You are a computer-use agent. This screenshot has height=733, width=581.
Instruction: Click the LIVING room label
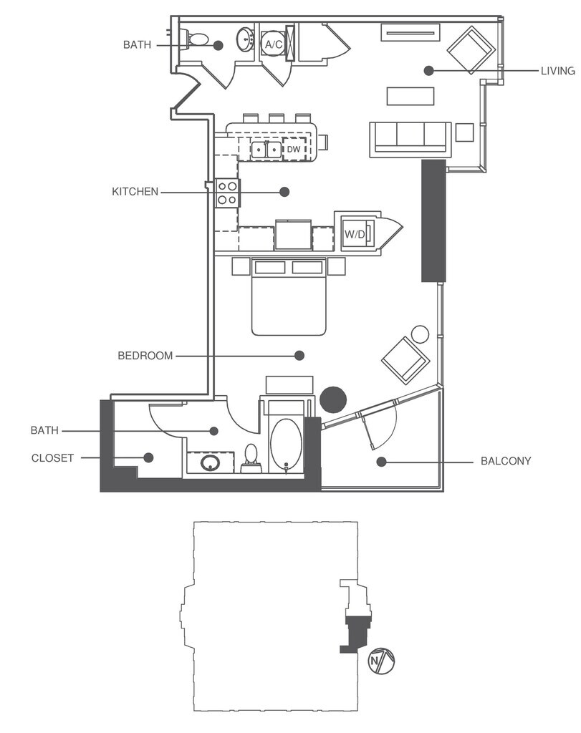click(559, 71)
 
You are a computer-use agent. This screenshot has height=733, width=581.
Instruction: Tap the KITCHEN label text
click(135, 192)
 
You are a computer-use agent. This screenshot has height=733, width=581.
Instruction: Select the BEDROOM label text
click(145, 356)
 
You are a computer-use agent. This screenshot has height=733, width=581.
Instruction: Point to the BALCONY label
click(506, 462)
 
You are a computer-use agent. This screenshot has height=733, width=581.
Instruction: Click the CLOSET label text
click(52, 458)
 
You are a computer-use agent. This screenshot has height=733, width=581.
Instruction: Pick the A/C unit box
click(273, 44)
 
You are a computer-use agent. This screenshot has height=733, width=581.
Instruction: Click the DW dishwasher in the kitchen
click(294, 150)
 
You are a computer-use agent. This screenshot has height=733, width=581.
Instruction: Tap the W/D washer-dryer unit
click(355, 233)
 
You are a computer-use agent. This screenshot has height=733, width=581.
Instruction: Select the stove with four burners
click(228, 192)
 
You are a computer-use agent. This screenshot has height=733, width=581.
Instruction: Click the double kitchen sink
click(266, 150)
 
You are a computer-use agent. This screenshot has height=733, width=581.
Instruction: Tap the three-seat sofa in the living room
click(410, 137)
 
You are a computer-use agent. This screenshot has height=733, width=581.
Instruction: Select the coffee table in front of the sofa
click(410, 96)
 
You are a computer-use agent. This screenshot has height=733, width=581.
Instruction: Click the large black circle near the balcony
click(333, 399)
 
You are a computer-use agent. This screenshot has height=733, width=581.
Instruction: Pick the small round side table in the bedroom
click(421, 334)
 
